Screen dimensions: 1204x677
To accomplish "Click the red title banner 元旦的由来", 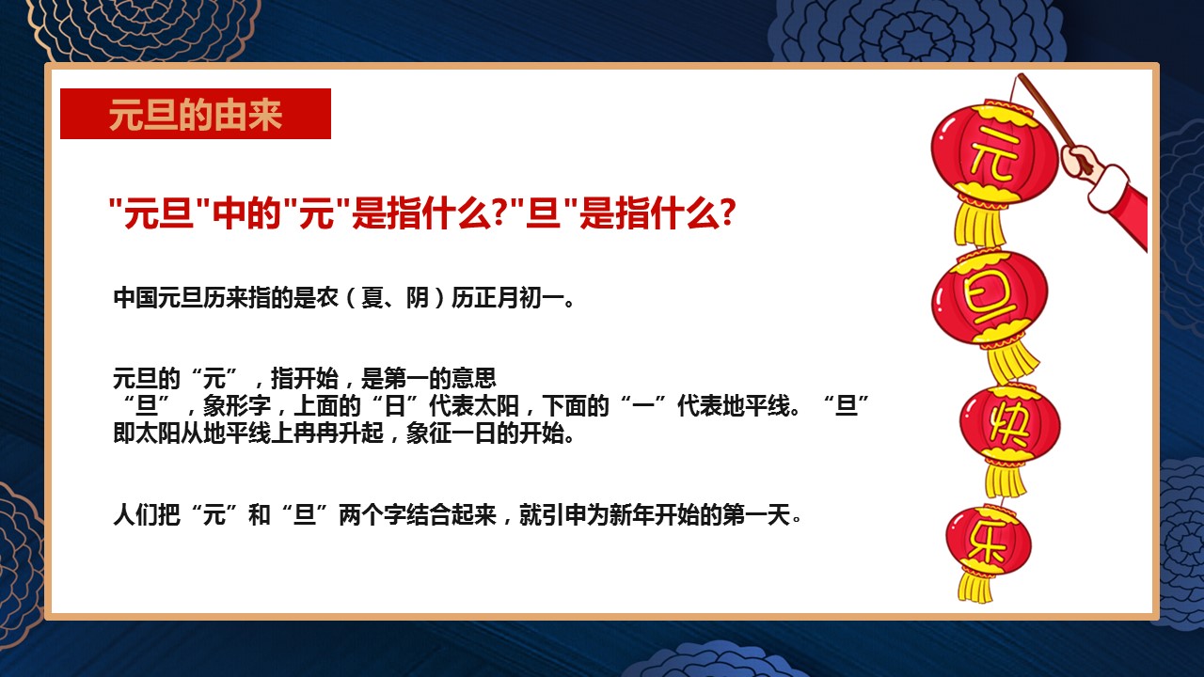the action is [x=195, y=114].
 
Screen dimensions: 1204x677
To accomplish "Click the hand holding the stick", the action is [x=1081, y=160].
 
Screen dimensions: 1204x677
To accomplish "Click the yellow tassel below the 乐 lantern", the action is [x=975, y=587].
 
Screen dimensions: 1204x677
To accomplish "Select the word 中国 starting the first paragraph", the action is [x=135, y=298].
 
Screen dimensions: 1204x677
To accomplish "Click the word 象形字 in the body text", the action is [x=237, y=405].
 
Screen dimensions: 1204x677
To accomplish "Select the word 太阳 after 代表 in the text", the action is [x=497, y=405].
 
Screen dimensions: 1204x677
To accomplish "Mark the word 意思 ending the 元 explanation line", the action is [x=474, y=378].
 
